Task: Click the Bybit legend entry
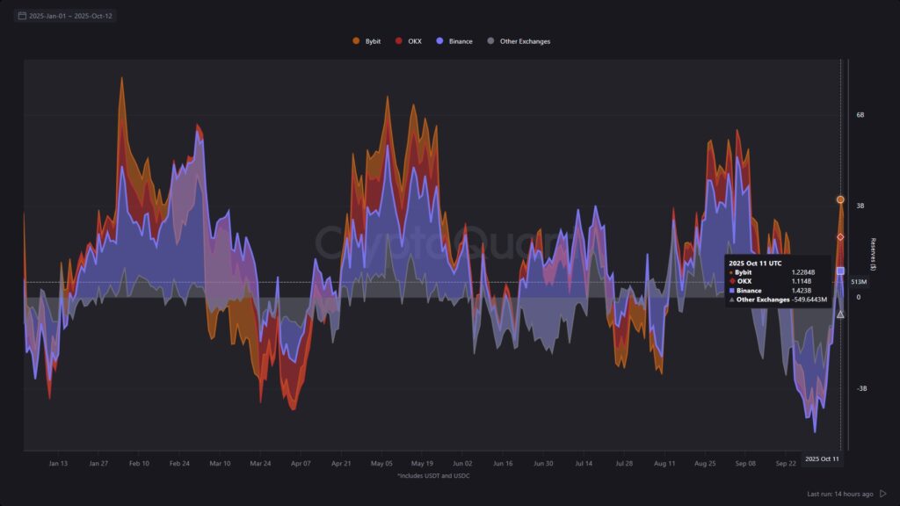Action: [367, 41]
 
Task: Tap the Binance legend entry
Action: [454, 41]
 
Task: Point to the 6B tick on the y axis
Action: [861, 114]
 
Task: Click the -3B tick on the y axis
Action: [862, 388]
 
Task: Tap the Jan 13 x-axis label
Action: [59, 463]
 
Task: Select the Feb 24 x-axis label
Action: [179, 463]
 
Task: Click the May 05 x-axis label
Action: [381, 463]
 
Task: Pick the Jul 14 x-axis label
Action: [584, 463]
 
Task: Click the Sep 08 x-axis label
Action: [745, 463]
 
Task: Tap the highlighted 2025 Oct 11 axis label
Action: [823, 459]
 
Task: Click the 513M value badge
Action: [859, 282]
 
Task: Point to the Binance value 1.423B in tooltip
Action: [802, 290]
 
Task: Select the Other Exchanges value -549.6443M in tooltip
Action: [809, 300]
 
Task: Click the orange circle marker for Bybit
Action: [840, 199]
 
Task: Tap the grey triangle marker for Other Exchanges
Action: [840, 314]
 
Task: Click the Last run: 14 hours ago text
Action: [839, 494]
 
